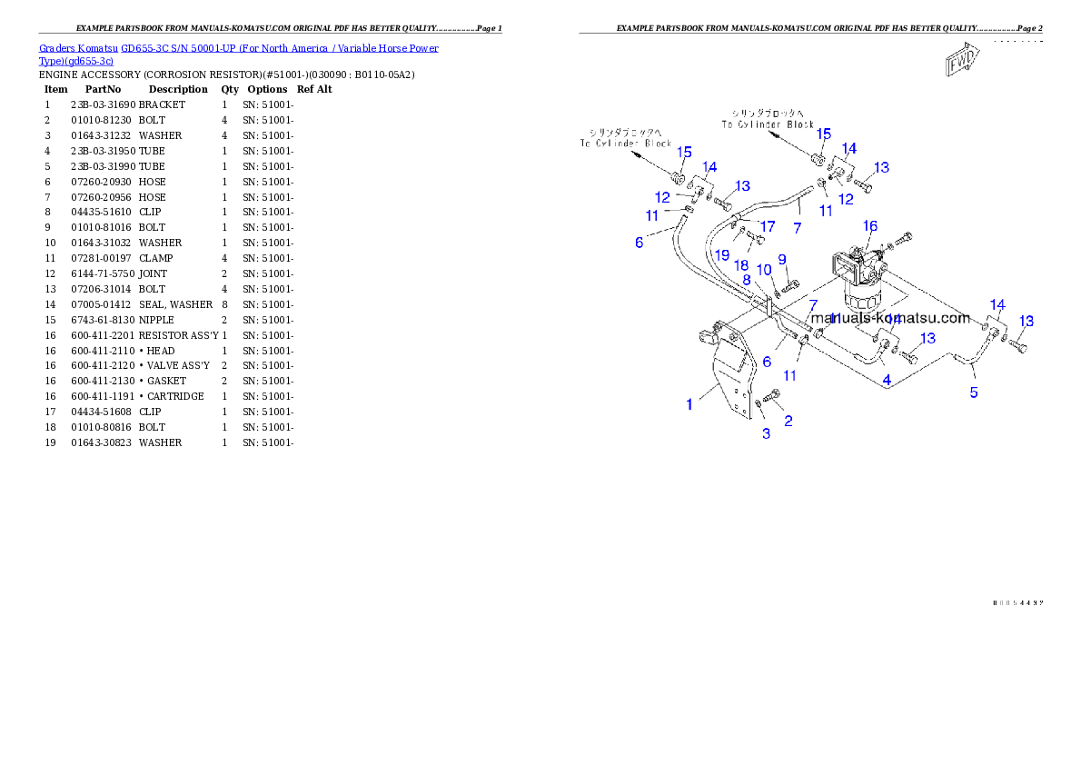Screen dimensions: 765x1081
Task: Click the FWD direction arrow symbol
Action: [960, 62]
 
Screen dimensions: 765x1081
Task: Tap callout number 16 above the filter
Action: [870, 226]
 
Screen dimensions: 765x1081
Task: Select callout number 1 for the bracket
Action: [689, 404]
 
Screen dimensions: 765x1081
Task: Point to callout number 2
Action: [788, 421]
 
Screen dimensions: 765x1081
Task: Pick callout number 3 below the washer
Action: [766, 434]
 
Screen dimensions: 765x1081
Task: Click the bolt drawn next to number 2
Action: [773, 395]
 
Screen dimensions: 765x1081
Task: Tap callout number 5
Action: [974, 392]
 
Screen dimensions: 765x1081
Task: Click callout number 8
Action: [746, 280]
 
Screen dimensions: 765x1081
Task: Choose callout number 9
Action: [781, 260]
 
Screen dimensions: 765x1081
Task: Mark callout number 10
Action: [764, 270]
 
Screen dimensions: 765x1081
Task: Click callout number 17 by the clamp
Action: [768, 225]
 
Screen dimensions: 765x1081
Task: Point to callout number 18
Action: [741, 264]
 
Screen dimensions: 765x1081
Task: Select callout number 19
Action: [721, 255]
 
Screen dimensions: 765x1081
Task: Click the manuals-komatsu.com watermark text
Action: [890, 318]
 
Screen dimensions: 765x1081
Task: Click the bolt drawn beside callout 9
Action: [788, 287]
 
